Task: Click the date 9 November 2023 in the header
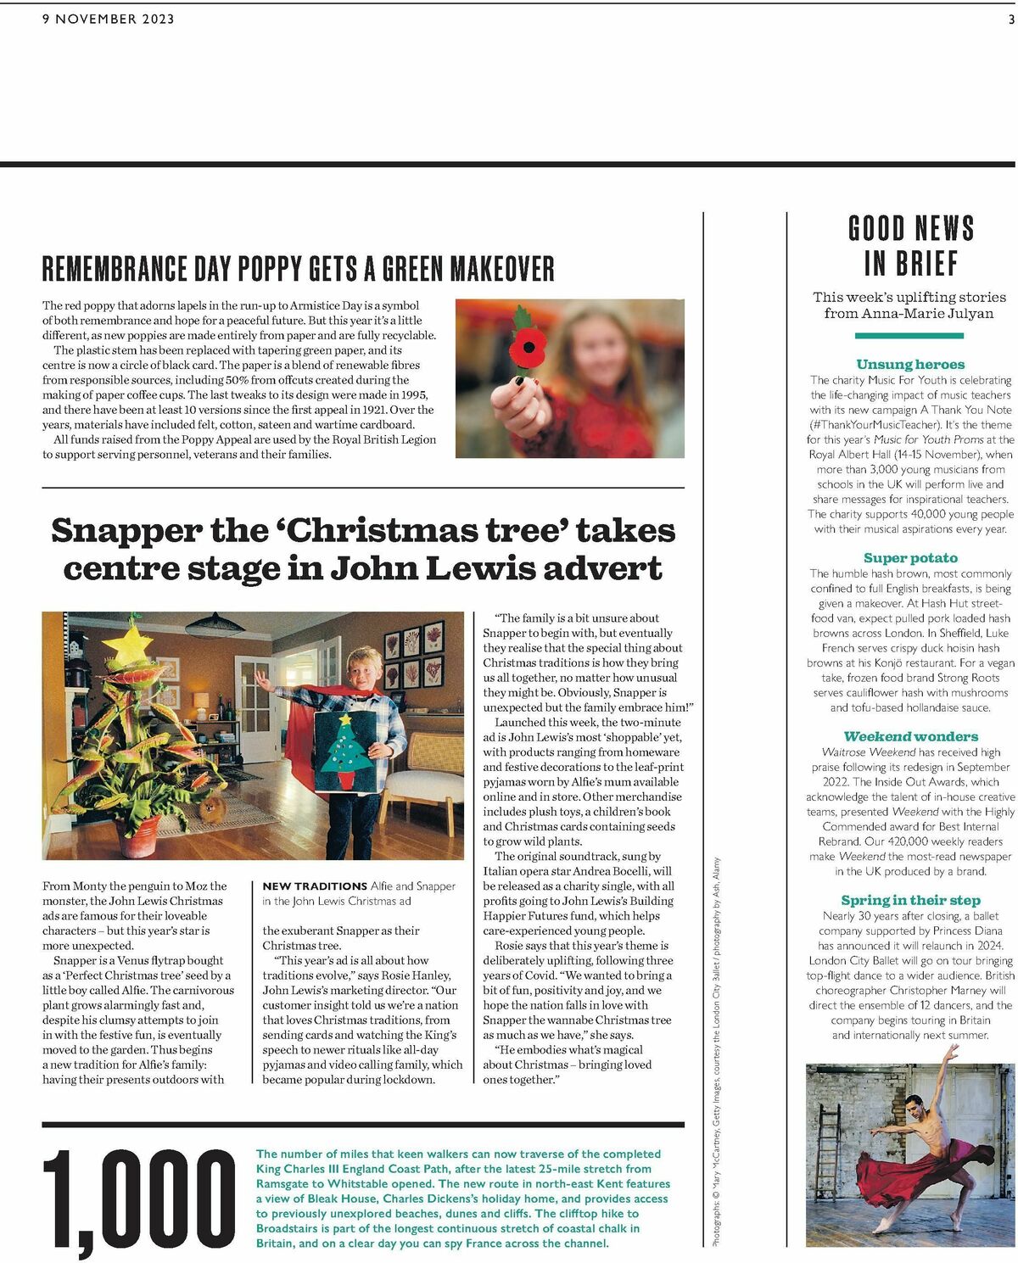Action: [x=108, y=19]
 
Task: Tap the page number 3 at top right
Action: [x=1010, y=19]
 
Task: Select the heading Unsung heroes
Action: [x=910, y=364]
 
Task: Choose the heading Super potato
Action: [x=910, y=557]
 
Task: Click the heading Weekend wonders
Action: [x=910, y=736]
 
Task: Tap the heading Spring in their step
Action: [x=910, y=900]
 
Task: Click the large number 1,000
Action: [x=139, y=1198]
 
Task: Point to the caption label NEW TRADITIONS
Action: [x=314, y=886]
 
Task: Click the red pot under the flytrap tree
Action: [x=136, y=835]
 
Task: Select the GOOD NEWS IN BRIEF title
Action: [x=910, y=246]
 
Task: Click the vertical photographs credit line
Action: [x=716, y=1052]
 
